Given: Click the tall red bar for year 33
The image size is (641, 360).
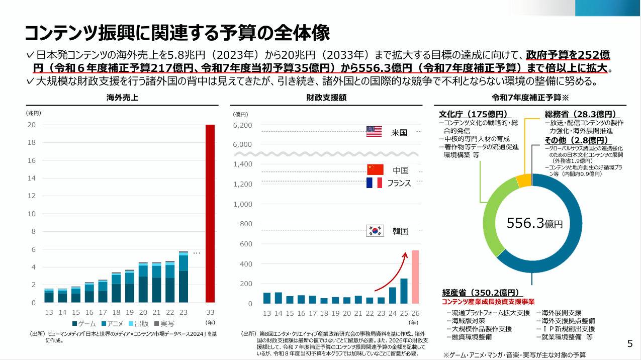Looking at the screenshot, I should click(210, 214).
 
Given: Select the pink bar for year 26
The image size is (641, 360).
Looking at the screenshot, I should click(415, 277).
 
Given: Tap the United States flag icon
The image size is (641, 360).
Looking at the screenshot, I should click(374, 132).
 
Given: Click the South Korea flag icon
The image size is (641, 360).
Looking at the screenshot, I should click(374, 231).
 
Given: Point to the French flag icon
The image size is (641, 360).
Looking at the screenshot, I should click(374, 183).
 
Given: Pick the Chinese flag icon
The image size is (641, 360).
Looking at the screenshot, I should click(375, 169).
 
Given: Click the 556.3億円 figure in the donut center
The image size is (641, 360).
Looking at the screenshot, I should click(534, 223).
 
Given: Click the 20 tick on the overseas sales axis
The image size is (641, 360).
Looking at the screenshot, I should click(31, 125).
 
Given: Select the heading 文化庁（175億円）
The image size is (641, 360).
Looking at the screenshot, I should click(473, 114).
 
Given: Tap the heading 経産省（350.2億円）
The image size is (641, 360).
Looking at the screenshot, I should click(480, 293).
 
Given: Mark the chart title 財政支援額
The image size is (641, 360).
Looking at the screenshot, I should click(326, 98).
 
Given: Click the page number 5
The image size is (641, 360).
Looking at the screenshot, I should click(629, 344).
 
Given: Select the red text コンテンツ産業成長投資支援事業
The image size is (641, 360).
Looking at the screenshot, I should click(488, 302).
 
